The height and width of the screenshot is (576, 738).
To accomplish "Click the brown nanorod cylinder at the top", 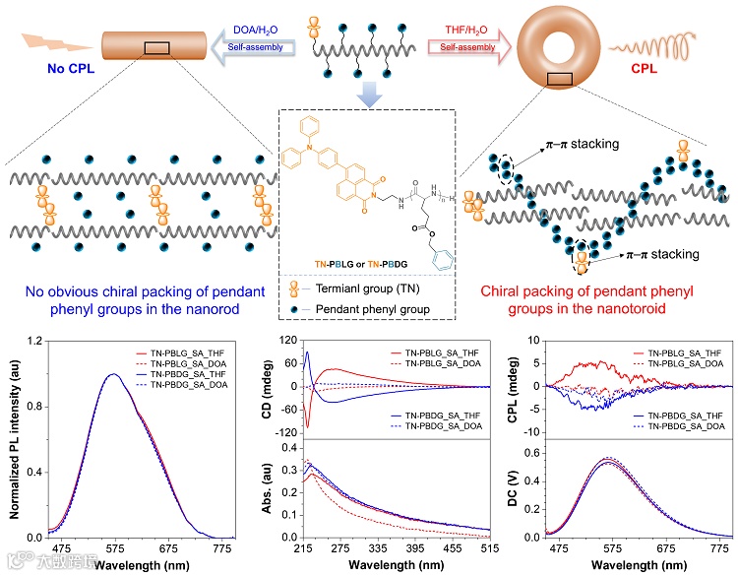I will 156,45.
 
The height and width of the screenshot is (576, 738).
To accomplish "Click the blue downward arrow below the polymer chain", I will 368,92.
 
